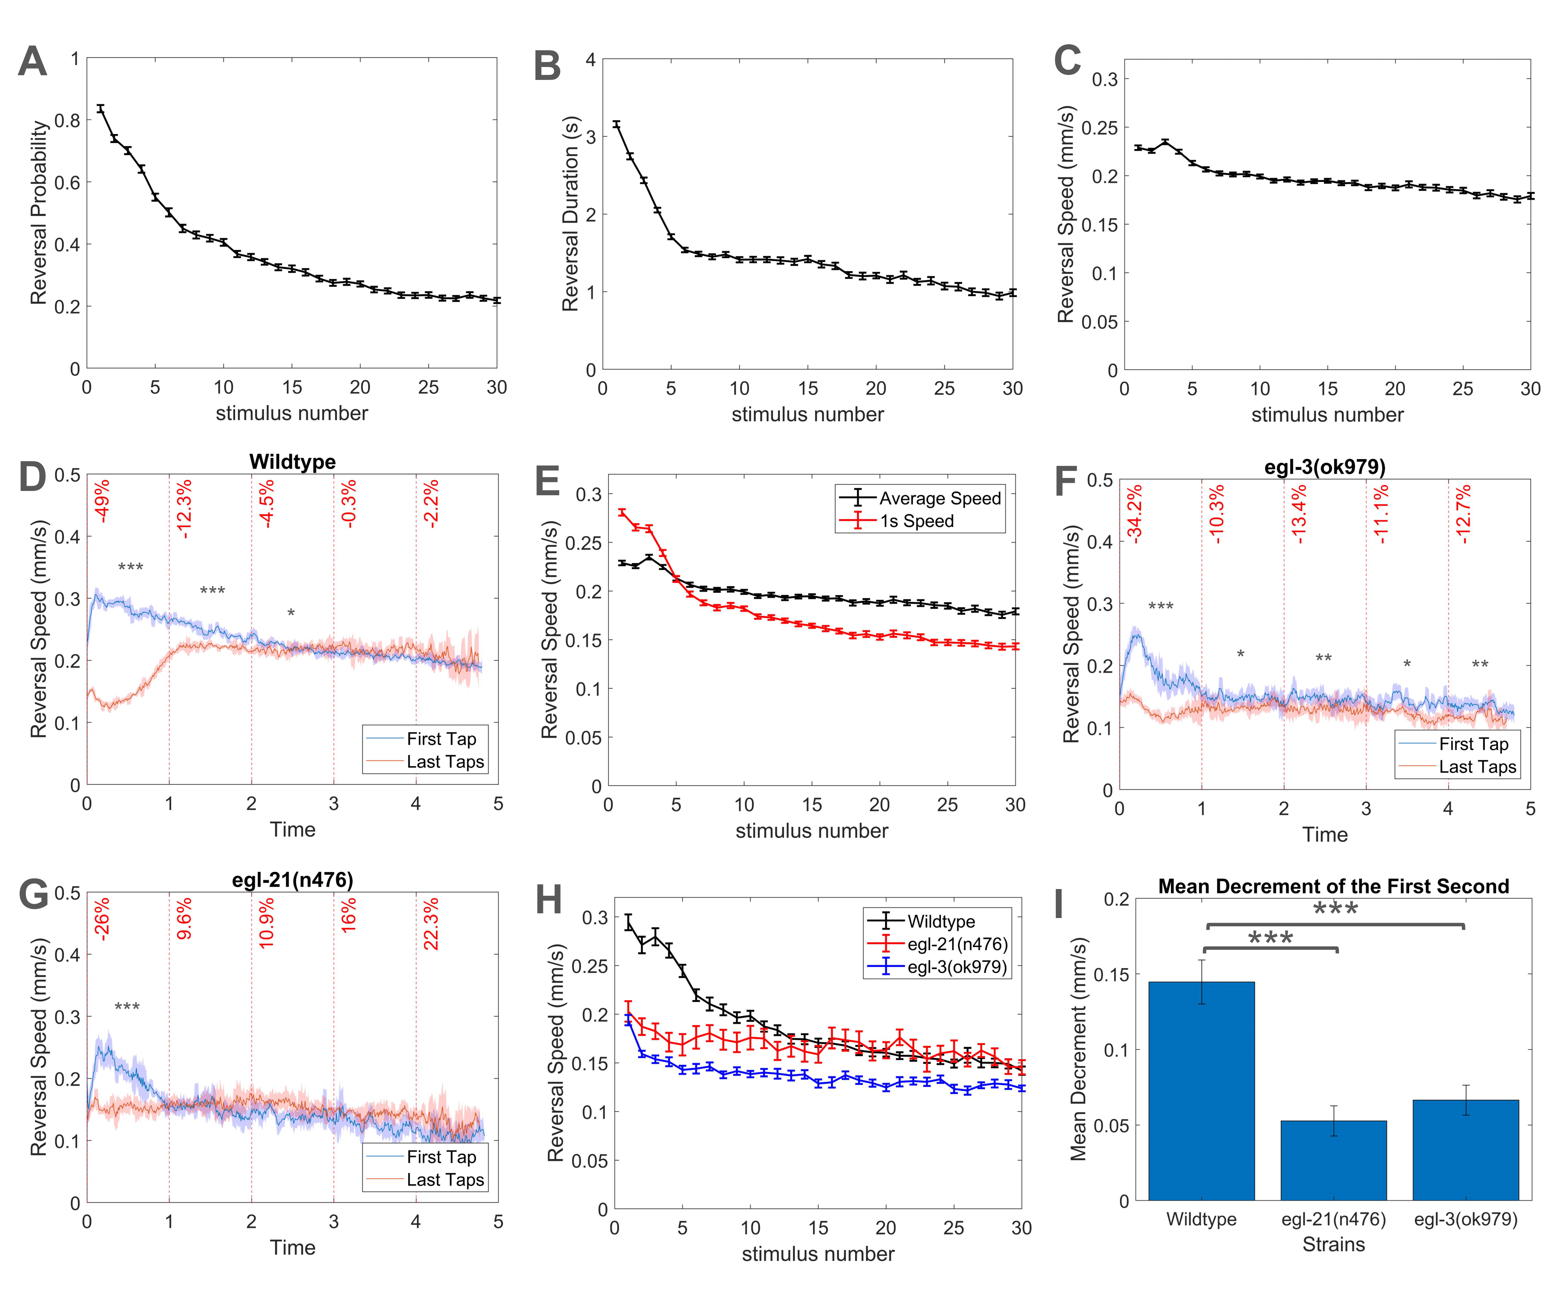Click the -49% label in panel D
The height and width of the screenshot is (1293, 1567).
[101, 501]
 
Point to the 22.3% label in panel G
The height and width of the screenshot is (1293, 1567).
[431, 924]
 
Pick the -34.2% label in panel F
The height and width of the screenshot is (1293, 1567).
[1134, 514]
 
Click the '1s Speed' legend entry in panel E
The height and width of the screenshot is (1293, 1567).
[916, 522]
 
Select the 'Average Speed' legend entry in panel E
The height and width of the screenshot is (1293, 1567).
[940, 498]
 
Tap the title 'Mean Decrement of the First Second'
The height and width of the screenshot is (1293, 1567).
[1333, 886]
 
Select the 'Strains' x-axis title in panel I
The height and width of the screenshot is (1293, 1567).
[1333, 1244]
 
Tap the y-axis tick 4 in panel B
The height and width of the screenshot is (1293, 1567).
[590, 60]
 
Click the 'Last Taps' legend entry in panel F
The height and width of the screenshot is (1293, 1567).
[1477, 767]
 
